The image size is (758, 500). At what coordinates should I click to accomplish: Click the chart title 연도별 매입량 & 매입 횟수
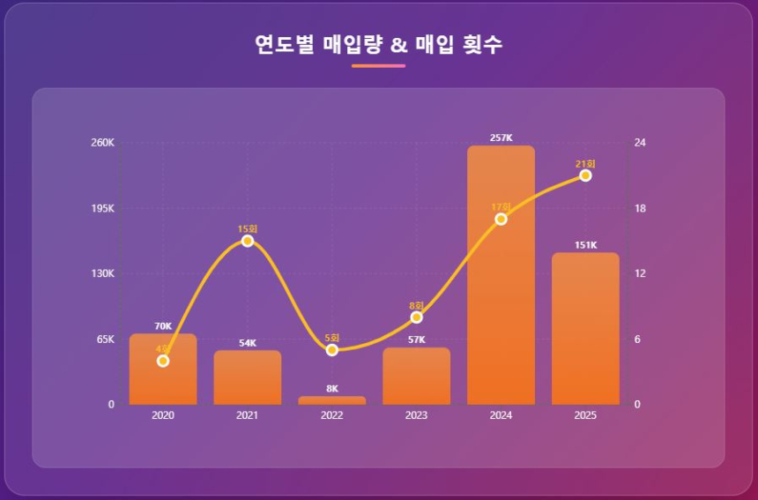coord(378,44)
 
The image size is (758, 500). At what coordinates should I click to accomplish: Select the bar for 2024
coord(501,291)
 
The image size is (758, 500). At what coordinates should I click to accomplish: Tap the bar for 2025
coord(585,335)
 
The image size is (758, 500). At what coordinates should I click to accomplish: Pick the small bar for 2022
coord(332,400)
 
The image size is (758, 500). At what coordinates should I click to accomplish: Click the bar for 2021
coord(248,379)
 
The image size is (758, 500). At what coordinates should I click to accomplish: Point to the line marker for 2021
coord(248,241)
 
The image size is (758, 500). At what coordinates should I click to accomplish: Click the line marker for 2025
coord(585,175)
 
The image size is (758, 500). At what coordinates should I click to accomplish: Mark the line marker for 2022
coord(332,350)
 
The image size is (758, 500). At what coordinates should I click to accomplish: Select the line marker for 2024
coord(501,219)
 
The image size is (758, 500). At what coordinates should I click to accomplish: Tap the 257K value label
coord(501,138)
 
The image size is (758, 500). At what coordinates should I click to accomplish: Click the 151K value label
coord(585,245)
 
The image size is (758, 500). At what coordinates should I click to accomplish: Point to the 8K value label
coord(332,389)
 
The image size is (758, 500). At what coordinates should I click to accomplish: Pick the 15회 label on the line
coord(248,229)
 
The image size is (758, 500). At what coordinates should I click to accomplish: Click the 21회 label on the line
coord(585,164)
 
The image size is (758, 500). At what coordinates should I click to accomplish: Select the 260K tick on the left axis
coord(104,143)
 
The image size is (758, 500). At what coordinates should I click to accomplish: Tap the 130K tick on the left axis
coord(104,273)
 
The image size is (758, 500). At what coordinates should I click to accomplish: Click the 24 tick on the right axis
coord(641,143)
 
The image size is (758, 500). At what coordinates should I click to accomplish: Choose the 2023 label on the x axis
coord(416,415)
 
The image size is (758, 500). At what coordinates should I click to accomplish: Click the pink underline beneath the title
coord(378,65)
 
